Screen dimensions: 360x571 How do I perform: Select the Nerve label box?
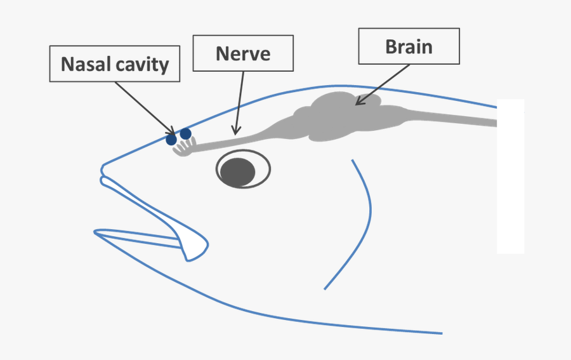[x=243, y=53]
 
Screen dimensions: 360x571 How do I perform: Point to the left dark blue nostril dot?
[x=171, y=139]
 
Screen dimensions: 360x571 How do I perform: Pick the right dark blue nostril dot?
[x=185, y=133]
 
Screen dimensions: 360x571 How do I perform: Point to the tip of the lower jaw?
[x=96, y=232]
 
